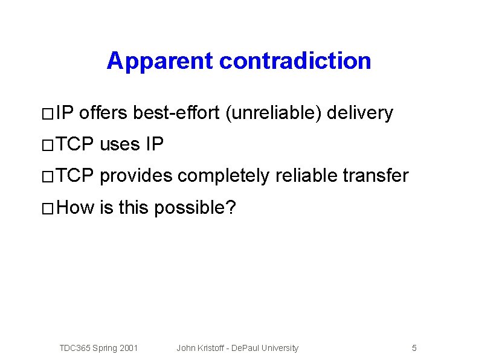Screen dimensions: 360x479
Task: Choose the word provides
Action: pos(135,176)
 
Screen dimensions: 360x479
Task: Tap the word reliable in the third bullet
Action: pos(306,176)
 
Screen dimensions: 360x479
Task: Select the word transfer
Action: pos(376,176)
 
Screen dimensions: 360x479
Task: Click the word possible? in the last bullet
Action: pos(195,208)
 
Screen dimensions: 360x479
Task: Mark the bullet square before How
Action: pos(48,210)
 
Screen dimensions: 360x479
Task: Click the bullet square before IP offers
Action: pos(48,114)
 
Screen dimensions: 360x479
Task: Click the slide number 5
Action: pos(414,348)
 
